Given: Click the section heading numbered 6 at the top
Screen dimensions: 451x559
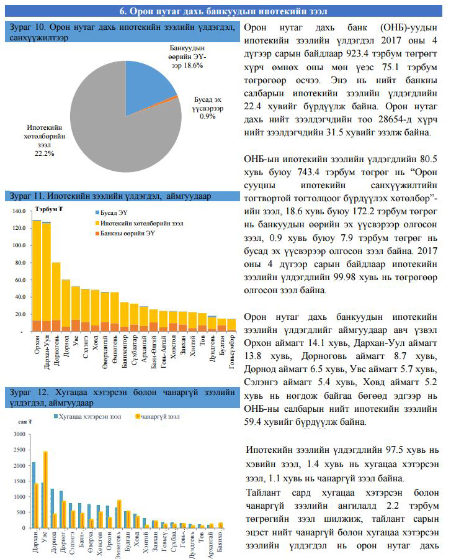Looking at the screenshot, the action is tap(223, 11).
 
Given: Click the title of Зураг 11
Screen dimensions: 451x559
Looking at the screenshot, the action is tap(110, 196).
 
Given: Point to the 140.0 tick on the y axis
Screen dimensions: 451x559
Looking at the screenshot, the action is tap(19, 211).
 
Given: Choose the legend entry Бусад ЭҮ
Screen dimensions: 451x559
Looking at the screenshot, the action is tap(112, 213).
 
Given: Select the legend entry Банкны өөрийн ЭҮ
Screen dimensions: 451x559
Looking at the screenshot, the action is tap(125, 233).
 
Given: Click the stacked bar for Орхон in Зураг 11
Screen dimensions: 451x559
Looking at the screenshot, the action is tap(37, 276).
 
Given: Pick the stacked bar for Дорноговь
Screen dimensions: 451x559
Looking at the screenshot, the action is tap(56, 297).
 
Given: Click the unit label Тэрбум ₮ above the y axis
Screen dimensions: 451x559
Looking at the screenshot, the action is tap(49, 209).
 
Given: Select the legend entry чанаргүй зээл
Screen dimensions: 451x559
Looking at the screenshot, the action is tap(158, 416).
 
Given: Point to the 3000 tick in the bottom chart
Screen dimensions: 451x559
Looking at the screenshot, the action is tap(20, 434).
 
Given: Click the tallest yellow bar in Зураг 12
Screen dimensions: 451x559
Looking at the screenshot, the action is tap(45, 489).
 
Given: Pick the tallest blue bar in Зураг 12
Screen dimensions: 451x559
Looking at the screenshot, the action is tap(34, 495).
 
